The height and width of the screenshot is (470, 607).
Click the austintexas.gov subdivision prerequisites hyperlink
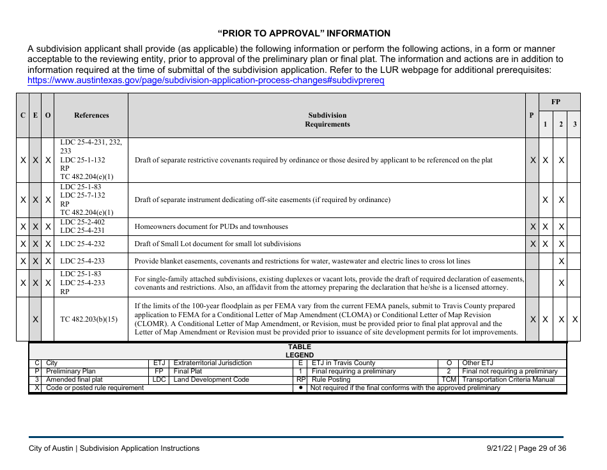tap(206, 81)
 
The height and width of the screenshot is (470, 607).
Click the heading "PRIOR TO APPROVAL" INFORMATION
tap(303, 33)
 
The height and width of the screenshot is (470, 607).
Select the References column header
tap(91, 116)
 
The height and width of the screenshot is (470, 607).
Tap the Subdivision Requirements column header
tap(327, 120)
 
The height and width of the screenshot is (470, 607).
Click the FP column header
tap(556, 102)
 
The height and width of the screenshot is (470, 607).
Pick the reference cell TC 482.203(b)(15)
tap(91, 319)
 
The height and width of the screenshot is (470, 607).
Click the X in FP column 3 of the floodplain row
tap(575, 319)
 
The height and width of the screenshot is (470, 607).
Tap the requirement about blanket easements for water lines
tap(302, 261)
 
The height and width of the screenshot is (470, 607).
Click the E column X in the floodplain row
tap(36, 319)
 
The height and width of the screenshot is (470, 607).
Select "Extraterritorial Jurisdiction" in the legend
tap(213, 363)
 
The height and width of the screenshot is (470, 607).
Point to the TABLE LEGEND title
tap(299, 350)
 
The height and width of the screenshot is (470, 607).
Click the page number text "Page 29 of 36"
tap(541, 448)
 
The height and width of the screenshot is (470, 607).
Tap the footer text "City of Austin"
tap(51, 448)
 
